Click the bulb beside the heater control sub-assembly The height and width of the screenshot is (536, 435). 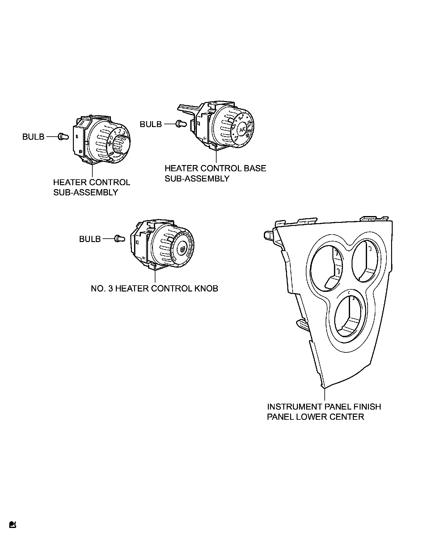click(63, 136)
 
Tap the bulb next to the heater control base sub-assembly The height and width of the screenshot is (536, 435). click(181, 124)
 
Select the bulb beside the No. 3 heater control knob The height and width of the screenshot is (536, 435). click(120, 238)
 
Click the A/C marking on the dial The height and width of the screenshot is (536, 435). click(242, 129)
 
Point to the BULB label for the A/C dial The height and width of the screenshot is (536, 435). click(151, 124)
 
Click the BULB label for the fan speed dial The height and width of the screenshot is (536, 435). click(33, 137)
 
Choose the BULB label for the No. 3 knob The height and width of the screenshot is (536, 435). click(90, 239)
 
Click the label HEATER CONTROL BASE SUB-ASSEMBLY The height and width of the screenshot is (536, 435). click(215, 173)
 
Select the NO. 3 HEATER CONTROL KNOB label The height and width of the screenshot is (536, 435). click(154, 288)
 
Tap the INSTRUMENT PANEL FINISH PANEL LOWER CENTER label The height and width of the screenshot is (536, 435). click(324, 411)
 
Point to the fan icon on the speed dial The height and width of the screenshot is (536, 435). click(109, 143)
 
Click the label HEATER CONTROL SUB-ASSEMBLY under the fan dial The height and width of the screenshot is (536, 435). click(91, 187)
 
